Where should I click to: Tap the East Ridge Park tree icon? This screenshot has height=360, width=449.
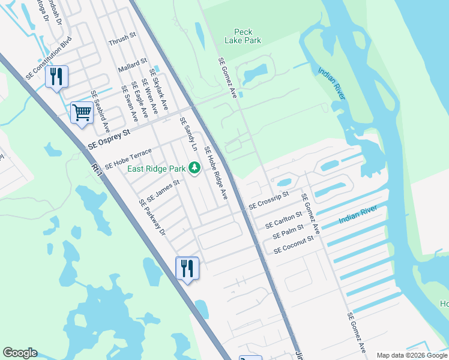[x=194, y=167]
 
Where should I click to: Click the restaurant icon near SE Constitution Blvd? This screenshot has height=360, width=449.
[x=56, y=76]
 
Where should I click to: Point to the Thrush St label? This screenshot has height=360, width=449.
[x=122, y=41]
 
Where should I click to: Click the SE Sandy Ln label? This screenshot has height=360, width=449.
[x=188, y=134]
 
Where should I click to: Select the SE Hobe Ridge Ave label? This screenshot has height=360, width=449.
[x=216, y=173]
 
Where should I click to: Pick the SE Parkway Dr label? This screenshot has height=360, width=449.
[x=152, y=217]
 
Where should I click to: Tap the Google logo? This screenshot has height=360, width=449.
[x=20, y=353]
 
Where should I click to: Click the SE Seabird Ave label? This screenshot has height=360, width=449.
[x=100, y=112]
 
